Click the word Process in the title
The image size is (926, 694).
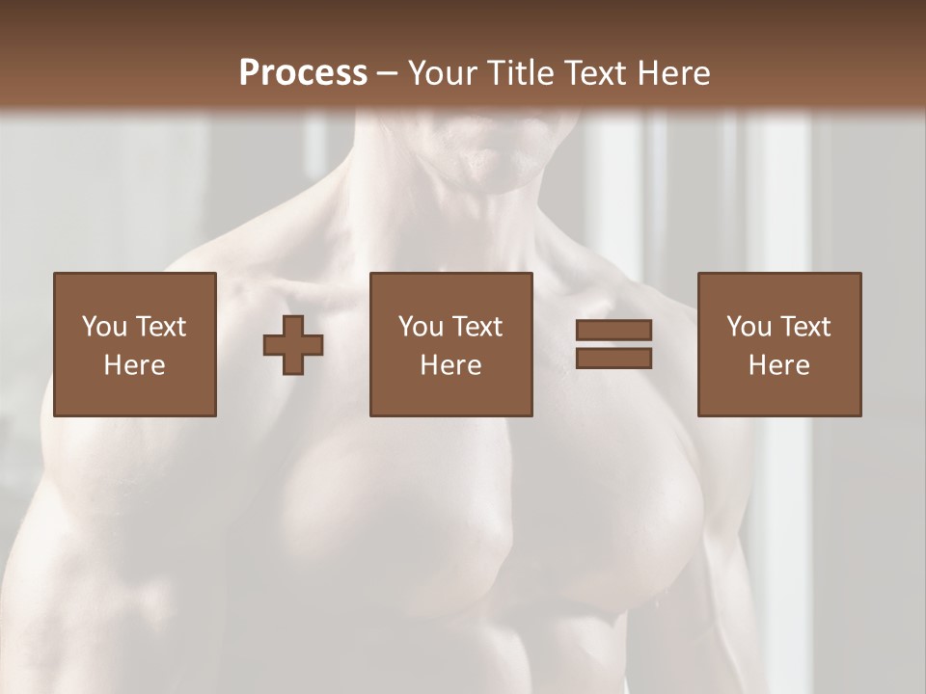303,73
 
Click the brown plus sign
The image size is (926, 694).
293,345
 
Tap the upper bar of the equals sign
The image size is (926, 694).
613,331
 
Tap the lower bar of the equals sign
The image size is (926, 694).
613,359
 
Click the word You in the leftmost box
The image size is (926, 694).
104,327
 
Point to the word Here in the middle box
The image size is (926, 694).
451,365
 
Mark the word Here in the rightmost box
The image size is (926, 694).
779,365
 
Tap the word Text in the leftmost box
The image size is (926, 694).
160,327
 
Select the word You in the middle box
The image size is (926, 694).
421,327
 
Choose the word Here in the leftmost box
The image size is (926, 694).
135,365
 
